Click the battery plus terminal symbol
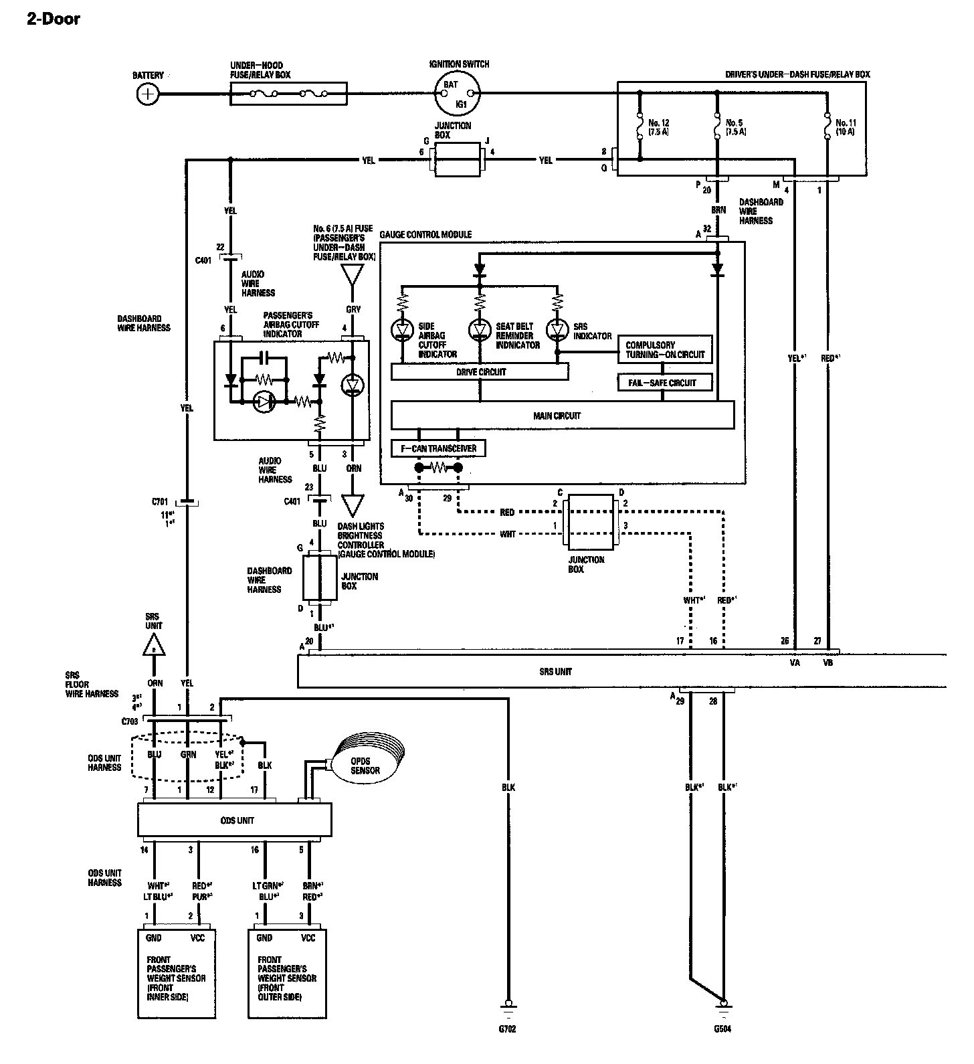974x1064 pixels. (x=148, y=94)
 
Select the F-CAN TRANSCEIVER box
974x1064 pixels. (x=438, y=448)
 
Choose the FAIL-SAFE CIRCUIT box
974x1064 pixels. (x=664, y=383)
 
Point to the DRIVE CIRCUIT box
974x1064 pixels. (x=480, y=372)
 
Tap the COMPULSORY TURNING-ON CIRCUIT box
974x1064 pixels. (x=664, y=349)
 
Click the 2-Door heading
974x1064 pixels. (x=54, y=19)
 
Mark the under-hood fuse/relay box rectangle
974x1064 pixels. (x=288, y=94)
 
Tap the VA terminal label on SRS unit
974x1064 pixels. (x=795, y=663)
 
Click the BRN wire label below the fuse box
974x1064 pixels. (x=719, y=209)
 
